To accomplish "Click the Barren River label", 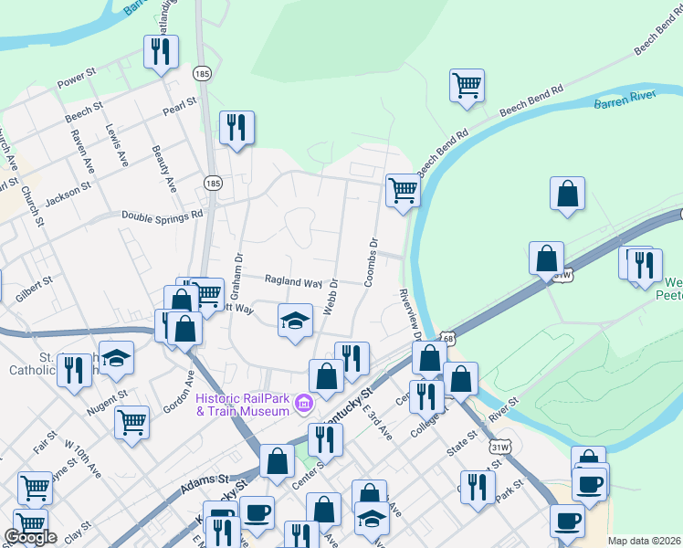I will tap(625, 102).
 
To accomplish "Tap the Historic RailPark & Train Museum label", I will tap(243, 404).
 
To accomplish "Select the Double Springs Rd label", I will tap(162, 216).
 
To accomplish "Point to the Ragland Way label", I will tap(293, 281).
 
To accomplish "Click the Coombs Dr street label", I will tap(371, 263).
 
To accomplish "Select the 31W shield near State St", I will tap(499, 447).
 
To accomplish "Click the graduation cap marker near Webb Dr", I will tap(295, 321).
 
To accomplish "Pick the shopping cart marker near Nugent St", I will tap(132, 422).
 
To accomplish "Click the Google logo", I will tap(30, 537).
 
